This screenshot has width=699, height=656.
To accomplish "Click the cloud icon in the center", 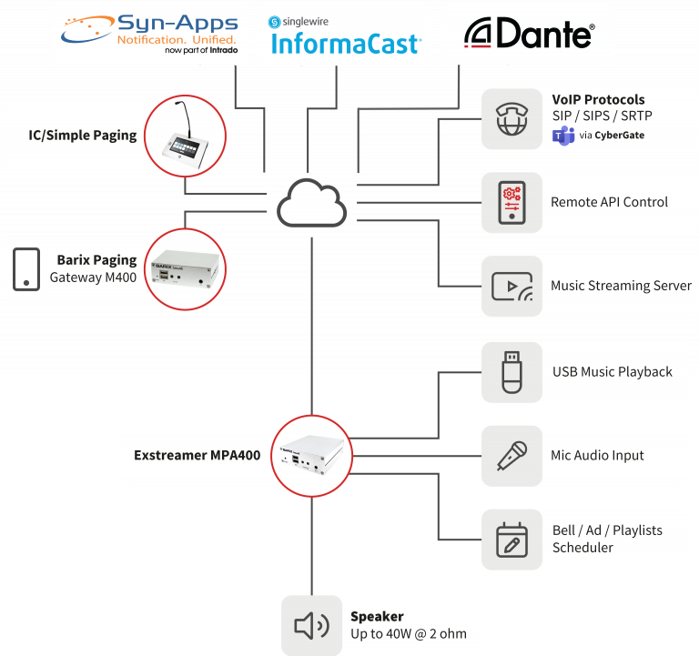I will (312, 204).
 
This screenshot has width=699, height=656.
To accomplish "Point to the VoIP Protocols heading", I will (598, 99).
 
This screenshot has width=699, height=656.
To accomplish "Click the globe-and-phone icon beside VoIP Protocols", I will (512, 118).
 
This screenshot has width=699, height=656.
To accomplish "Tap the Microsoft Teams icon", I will (563, 136).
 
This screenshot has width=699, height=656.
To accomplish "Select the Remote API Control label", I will (609, 202).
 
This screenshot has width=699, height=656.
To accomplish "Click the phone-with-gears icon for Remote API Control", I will (512, 202).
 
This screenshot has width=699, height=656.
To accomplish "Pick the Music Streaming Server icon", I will (512, 286).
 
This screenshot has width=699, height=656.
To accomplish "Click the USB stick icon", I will (512, 371).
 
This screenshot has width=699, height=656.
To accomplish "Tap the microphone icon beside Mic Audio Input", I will (512, 455).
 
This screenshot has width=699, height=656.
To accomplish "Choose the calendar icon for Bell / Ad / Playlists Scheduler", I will (512, 539).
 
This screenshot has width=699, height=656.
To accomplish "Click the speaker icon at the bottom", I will (311, 625).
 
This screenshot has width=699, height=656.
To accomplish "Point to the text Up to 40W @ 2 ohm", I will (408, 633).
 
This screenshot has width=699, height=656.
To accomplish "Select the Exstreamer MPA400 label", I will (190, 455).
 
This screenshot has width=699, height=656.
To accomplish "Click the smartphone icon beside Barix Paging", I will (26, 269).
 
